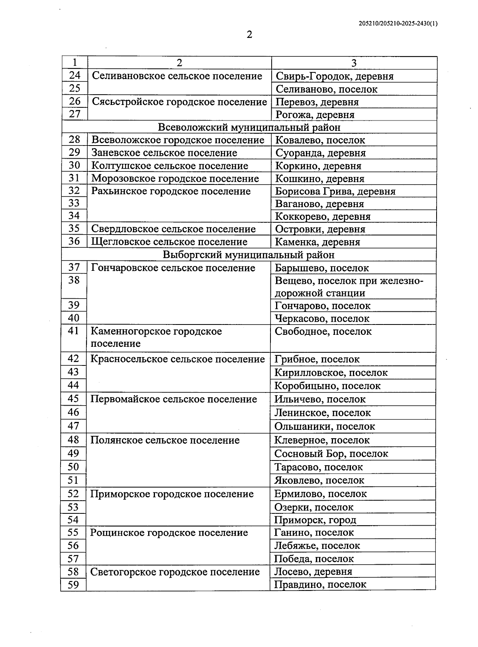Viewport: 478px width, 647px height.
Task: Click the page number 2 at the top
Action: (x=249, y=35)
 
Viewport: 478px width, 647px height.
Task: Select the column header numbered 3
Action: (x=354, y=63)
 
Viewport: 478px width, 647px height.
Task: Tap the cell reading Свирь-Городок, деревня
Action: (x=334, y=76)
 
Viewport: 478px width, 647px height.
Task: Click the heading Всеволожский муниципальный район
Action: (x=249, y=127)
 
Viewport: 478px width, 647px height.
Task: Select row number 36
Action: (x=74, y=241)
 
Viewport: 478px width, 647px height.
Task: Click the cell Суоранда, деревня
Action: (x=320, y=153)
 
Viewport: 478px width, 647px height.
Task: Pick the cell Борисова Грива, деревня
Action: (x=335, y=191)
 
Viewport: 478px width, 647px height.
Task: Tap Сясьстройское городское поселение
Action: (x=179, y=102)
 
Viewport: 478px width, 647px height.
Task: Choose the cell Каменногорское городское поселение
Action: (x=156, y=337)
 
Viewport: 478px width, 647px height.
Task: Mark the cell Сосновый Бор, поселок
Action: (x=331, y=454)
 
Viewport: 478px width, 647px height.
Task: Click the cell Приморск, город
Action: (x=315, y=520)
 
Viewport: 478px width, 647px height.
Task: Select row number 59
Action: (x=74, y=585)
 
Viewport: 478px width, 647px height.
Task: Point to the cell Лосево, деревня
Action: (x=313, y=572)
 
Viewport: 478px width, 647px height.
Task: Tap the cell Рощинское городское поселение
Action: (x=169, y=533)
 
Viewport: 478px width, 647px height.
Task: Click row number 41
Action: (x=74, y=331)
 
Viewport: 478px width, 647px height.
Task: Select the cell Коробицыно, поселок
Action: (x=327, y=386)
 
